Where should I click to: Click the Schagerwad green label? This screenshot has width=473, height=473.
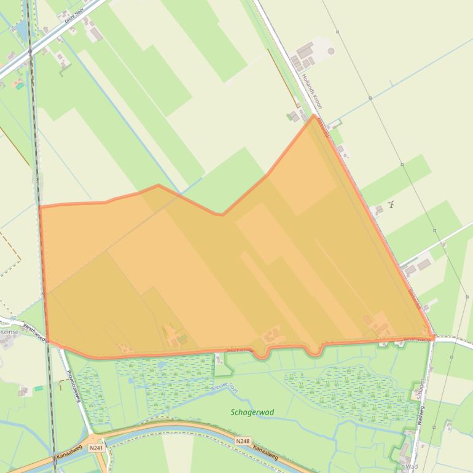(x=252, y=412)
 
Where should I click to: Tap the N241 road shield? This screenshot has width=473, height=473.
(x=96, y=448)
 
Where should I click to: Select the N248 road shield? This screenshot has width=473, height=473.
(x=242, y=441)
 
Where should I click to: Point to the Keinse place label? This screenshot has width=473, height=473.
(x=9, y=332)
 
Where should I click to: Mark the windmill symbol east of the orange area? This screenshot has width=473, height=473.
(x=391, y=204)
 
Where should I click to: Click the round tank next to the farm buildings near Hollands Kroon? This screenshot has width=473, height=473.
(x=331, y=51)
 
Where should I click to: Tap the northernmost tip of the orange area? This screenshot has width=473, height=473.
(x=314, y=115)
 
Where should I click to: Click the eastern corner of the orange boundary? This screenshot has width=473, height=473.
(x=433, y=337)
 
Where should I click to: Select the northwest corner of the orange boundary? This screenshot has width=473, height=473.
(x=40, y=207)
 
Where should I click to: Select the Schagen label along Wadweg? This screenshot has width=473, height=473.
(x=421, y=388)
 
